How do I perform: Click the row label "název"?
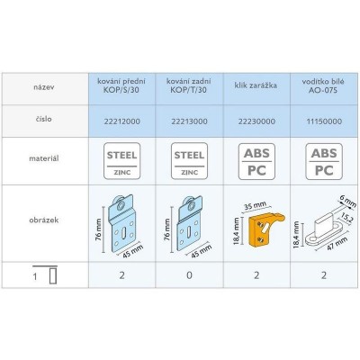(x=44, y=88)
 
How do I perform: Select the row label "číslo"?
(x=44, y=119)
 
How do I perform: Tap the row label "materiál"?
(x=44, y=158)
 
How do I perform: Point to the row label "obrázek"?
(x=44, y=220)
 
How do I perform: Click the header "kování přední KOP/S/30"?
(x=121, y=85)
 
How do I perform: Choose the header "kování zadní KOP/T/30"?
(x=189, y=85)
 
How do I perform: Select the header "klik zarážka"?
(x=256, y=85)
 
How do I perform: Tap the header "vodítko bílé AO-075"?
(x=323, y=85)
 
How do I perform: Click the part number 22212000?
(x=121, y=121)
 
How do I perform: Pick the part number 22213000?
(x=189, y=121)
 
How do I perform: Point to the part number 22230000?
(x=256, y=121)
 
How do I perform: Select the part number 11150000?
(x=324, y=121)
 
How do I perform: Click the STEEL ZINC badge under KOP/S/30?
(x=121, y=161)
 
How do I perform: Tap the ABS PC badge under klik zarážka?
(x=256, y=162)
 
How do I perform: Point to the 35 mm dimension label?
(x=255, y=207)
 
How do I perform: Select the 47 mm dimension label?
(x=337, y=244)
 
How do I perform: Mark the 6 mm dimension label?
(x=348, y=201)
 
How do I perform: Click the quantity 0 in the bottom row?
(x=189, y=275)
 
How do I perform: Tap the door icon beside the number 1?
(x=53, y=276)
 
